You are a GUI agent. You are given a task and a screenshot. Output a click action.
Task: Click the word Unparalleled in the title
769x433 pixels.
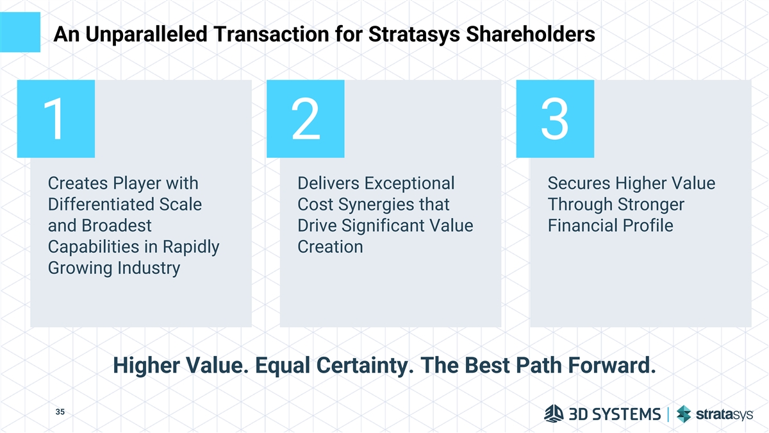click(x=146, y=34)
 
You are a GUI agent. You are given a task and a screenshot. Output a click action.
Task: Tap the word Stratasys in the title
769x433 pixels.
click(x=414, y=35)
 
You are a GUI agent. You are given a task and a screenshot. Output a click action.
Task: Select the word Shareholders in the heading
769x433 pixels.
click(x=531, y=34)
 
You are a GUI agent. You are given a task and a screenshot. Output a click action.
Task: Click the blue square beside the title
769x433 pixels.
click(x=20, y=32)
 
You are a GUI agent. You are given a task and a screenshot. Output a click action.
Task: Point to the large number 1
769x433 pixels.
click(x=54, y=119)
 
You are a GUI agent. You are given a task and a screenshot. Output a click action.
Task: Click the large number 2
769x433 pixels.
click(x=306, y=119)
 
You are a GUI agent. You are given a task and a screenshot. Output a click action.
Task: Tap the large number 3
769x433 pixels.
click(x=555, y=119)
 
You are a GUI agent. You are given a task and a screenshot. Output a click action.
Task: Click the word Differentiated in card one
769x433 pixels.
click(x=101, y=205)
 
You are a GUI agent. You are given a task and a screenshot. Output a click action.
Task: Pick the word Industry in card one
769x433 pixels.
click(x=149, y=268)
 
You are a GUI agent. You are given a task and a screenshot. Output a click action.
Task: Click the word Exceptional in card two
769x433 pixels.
click(x=409, y=183)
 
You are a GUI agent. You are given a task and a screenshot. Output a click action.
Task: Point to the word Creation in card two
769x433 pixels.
click(x=330, y=247)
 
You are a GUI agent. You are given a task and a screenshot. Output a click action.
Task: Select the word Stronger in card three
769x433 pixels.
click(x=652, y=205)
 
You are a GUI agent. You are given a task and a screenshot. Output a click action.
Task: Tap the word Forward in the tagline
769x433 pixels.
click(x=612, y=365)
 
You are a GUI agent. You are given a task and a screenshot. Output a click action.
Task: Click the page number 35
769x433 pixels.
click(x=60, y=412)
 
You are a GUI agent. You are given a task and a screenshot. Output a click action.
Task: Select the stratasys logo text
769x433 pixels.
click(x=724, y=415)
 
